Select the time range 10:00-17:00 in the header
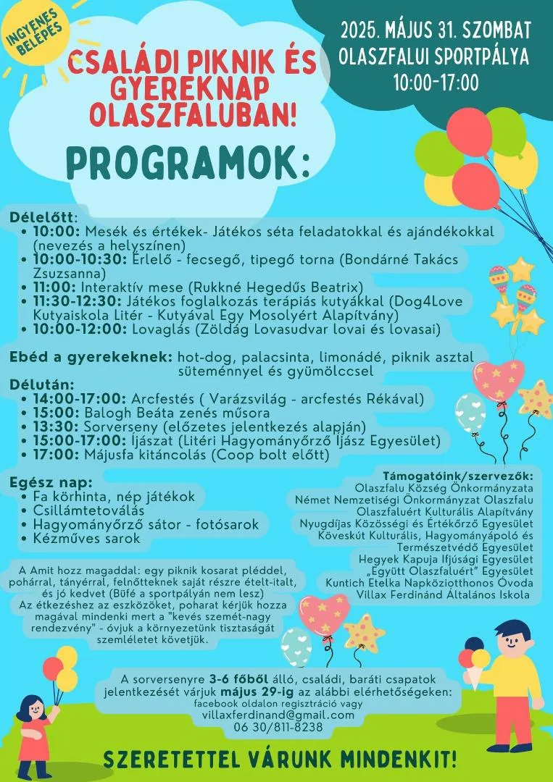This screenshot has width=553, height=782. coord(436,83)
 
